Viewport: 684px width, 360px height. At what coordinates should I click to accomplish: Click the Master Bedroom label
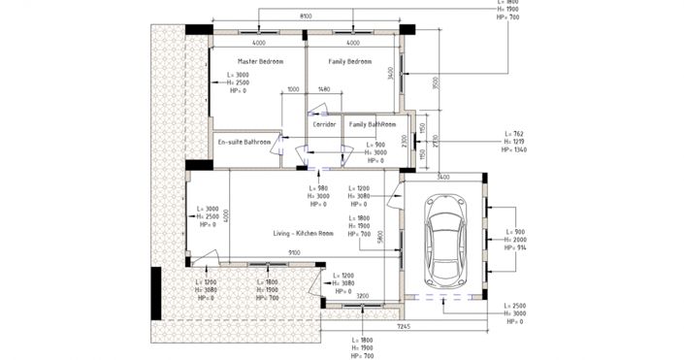coord(260,61)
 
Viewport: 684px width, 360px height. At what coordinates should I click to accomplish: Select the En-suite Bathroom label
coord(244,142)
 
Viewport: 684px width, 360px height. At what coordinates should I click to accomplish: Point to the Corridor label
coord(324,124)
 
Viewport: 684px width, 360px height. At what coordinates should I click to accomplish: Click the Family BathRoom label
coord(373,124)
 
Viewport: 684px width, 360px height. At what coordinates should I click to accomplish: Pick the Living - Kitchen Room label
coord(304,234)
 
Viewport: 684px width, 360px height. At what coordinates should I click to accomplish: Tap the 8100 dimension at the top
coord(305,16)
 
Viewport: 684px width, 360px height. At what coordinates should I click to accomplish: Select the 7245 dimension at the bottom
coord(403,327)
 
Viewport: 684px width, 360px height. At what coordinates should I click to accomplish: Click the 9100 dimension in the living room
coord(293,253)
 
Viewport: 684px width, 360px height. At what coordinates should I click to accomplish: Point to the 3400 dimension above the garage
coord(442,178)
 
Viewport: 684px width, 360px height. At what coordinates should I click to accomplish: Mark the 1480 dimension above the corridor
coord(324,90)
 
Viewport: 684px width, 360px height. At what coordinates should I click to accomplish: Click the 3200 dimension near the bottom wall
coord(362,295)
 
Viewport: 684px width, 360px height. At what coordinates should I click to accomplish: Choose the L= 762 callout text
coord(513,133)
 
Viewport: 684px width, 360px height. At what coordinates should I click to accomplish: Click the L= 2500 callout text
coord(513,305)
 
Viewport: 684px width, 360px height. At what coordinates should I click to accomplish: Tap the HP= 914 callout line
coord(513,248)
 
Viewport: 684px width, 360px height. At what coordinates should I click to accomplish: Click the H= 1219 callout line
coord(513,142)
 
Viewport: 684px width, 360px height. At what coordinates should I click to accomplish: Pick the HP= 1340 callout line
coord(513,150)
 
